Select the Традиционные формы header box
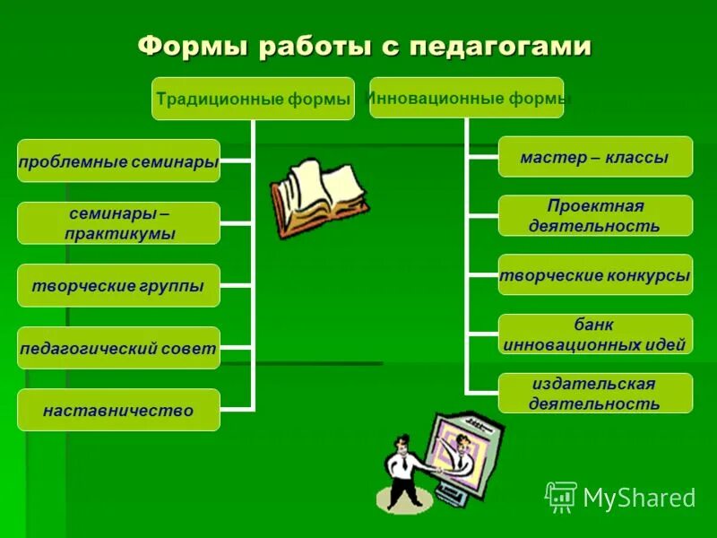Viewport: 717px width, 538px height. [253, 99]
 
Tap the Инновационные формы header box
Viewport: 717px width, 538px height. [467, 97]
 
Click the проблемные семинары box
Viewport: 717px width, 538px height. [118, 161]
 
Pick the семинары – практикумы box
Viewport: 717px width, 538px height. [118, 223]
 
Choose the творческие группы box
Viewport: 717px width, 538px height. [118, 286]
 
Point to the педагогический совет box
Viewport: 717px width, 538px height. [118, 349]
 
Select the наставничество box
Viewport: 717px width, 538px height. [118, 411]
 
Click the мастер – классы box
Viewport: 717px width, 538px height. [595, 157]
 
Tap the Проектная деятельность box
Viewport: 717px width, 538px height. [595, 216]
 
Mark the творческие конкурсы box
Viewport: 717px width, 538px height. [595, 275]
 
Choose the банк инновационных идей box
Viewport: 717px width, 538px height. [595, 334]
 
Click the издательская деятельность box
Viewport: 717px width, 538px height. [595, 394]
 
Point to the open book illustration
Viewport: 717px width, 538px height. [317, 197]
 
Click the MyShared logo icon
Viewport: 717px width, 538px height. [561, 497]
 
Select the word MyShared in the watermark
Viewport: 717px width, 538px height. [639, 498]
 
